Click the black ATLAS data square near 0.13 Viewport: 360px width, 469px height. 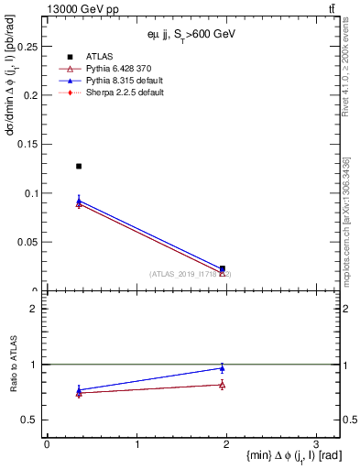coord(79,167)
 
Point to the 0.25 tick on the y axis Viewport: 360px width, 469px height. coord(27,46)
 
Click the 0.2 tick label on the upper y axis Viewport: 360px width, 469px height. coord(30,95)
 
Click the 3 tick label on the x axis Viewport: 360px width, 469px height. coord(316,442)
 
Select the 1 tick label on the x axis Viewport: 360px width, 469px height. coord(136,442)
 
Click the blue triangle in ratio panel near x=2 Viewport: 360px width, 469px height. coord(222,368)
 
